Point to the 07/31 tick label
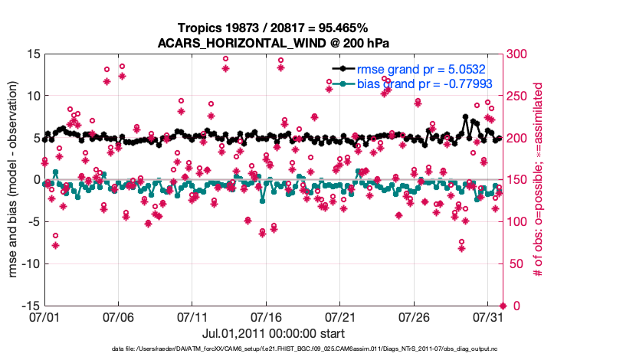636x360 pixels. tap(488, 316)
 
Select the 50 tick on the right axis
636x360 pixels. tap(513, 263)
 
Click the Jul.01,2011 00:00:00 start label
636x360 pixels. tap(273, 333)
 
